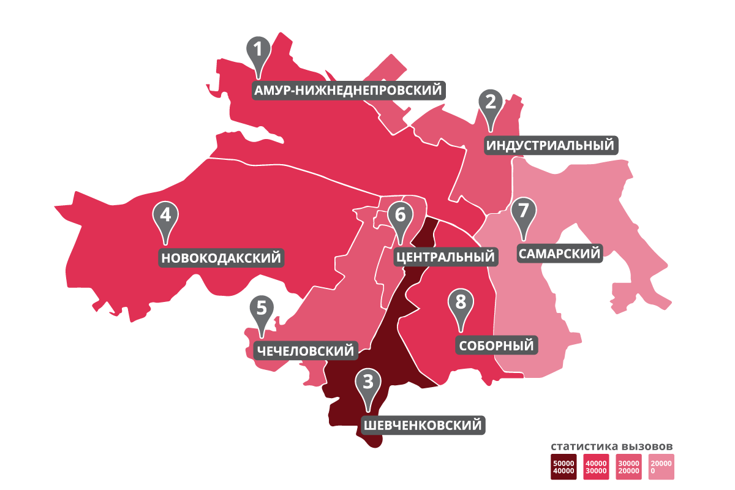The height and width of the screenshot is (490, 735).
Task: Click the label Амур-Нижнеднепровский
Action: (x=349, y=91)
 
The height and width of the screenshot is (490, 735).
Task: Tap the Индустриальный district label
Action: (x=551, y=145)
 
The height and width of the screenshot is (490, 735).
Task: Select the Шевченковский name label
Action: (x=423, y=424)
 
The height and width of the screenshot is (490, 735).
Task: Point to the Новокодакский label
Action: (x=222, y=257)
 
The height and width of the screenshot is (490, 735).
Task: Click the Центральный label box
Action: (x=445, y=256)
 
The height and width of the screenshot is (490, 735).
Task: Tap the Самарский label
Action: (x=559, y=253)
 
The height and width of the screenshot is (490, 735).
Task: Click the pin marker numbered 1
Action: (x=258, y=50)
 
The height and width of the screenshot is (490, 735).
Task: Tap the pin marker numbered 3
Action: (x=367, y=383)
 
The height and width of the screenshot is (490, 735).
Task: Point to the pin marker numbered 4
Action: (x=165, y=216)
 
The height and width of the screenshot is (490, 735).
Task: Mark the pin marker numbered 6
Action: (x=400, y=217)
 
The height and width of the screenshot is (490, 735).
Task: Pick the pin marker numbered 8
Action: (x=461, y=303)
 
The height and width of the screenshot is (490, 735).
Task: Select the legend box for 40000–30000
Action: (x=597, y=467)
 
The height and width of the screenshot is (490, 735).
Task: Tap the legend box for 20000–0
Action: (x=662, y=467)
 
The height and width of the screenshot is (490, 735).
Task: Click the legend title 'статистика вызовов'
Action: (x=612, y=445)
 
